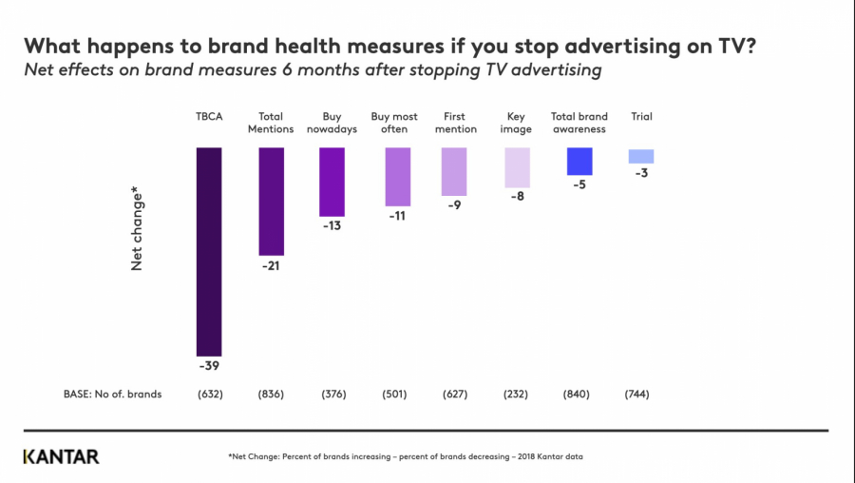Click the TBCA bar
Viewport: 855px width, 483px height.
[209, 251]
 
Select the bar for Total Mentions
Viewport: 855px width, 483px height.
[271, 202]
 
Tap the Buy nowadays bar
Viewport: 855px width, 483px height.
[332, 182]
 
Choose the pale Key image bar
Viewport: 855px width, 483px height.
[518, 167]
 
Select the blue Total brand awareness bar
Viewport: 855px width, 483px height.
[579, 161]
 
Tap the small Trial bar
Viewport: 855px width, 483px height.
[641, 156]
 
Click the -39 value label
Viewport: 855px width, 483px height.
[209, 365]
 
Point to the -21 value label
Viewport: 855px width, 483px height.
[271, 265]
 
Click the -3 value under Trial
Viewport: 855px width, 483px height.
[641, 172]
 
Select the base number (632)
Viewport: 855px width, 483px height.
[209, 395]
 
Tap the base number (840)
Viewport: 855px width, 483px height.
[579, 395]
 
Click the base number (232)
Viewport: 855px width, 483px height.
[518, 395]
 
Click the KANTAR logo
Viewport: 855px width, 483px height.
[61, 456]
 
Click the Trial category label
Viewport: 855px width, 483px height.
[641, 117]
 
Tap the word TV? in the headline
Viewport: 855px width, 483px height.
[735, 46]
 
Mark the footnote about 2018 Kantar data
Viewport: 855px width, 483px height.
[406, 457]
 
